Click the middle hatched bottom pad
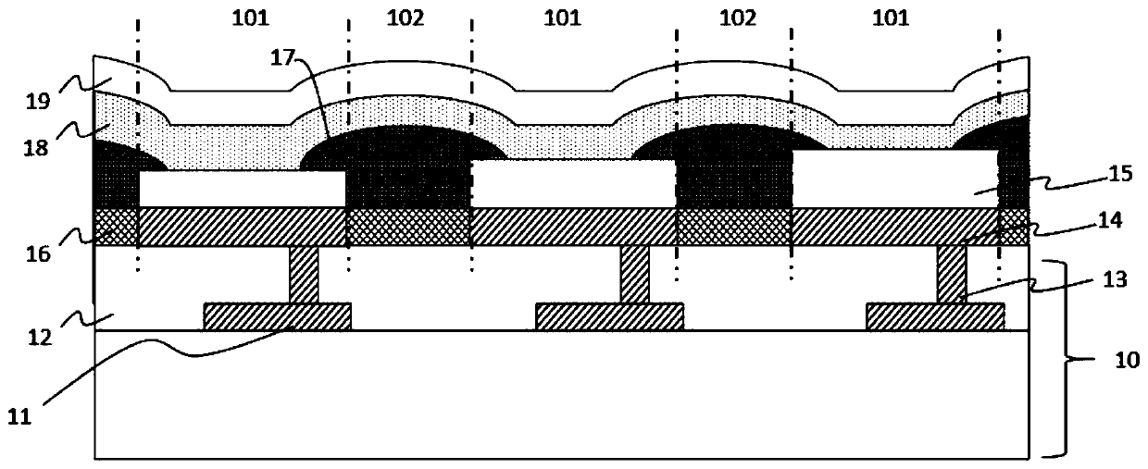click(609, 316)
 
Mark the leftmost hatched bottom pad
click(277, 316)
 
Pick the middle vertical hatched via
click(635, 274)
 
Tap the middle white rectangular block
click(573, 183)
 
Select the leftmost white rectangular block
click(241, 189)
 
